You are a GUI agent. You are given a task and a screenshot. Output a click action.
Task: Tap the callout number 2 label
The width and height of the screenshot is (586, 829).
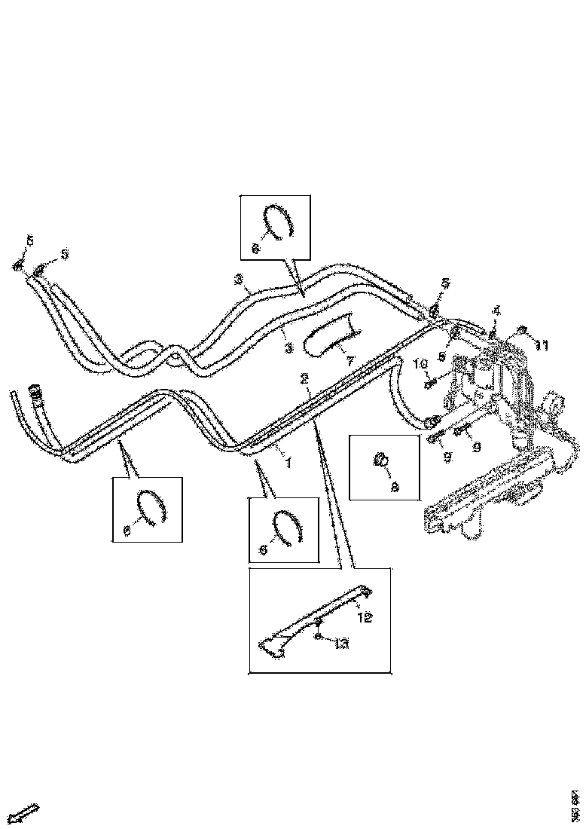[x=304, y=378]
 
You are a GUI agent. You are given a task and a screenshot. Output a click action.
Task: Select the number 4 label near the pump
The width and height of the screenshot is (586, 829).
[x=496, y=310]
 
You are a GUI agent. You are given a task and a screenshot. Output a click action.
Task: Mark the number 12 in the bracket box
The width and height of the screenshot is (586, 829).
[x=365, y=617]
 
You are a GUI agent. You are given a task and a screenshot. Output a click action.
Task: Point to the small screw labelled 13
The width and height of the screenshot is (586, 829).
[x=319, y=624]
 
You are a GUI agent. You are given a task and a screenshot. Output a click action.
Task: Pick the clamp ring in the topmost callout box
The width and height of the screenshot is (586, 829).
[x=280, y=222]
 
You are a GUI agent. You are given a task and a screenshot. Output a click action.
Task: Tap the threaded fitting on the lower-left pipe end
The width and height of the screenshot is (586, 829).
[x=34, y=393]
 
